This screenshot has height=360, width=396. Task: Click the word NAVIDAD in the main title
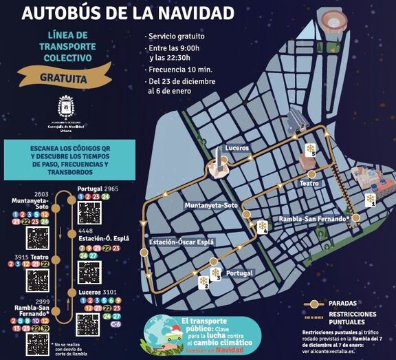[197, 12]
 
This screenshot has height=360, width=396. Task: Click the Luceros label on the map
[236, 148]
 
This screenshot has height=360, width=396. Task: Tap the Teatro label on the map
[311, 184]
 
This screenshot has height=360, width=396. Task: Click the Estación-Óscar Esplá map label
[181, 242]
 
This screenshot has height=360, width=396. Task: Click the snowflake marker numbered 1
[370, 199]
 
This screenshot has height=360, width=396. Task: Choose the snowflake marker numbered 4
[262, 227]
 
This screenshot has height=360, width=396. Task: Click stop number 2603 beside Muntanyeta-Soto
[40, 195]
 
